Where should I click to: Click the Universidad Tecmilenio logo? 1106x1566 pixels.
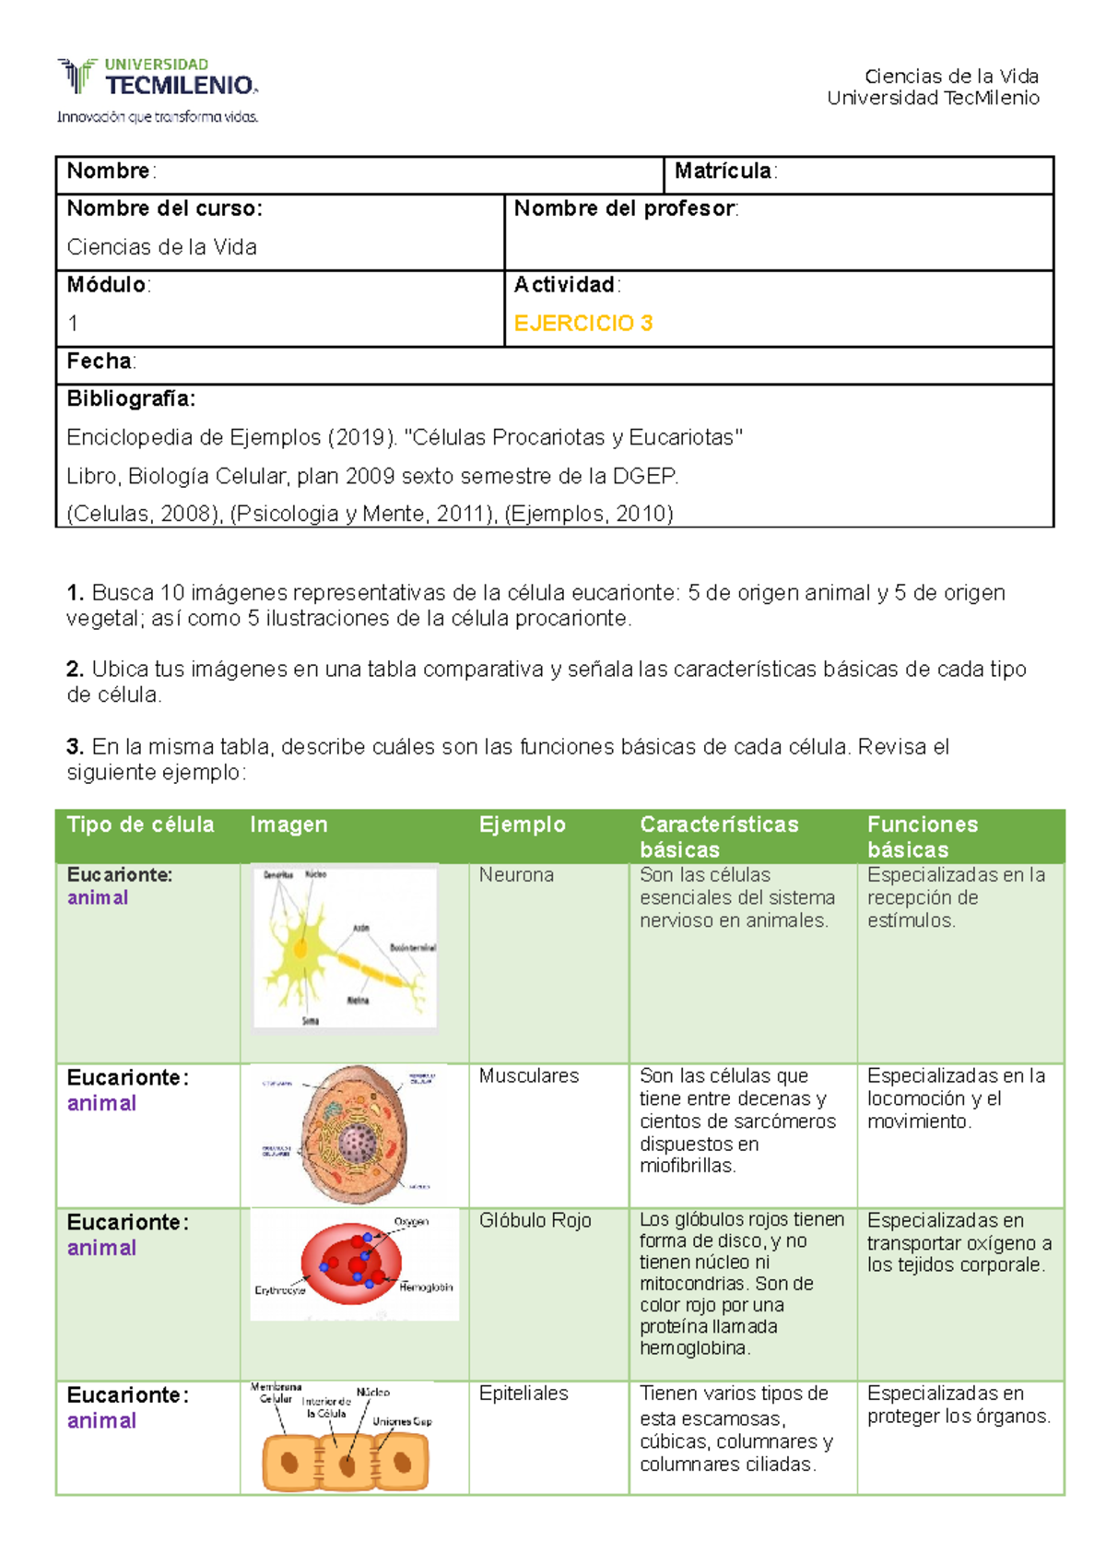(x=158, y=89)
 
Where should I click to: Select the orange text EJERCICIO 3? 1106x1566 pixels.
(x=582, y=323)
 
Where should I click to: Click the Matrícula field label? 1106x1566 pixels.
(x=724, y=172)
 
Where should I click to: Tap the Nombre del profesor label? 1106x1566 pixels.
(x=625, y=209)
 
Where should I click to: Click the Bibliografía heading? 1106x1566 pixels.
(x=131, y=399)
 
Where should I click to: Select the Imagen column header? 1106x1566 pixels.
(x=288, y=825)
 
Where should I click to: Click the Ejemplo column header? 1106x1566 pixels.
(x=522, y=825)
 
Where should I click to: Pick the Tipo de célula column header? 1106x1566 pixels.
(x=140, y=825)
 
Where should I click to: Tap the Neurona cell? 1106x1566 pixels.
(x=516, y=874)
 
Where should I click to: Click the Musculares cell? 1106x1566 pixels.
(x=529, y=1075)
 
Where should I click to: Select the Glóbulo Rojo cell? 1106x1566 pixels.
(x=535, y=1220)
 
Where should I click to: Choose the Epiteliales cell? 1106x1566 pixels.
(x=524, y=1393)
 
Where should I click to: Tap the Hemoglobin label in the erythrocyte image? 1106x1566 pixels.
(x=426, y=1287)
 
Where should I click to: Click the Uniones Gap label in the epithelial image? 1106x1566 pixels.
(x=402, y=1421)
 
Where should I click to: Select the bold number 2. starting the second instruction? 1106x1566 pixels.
(x=76, y=670)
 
